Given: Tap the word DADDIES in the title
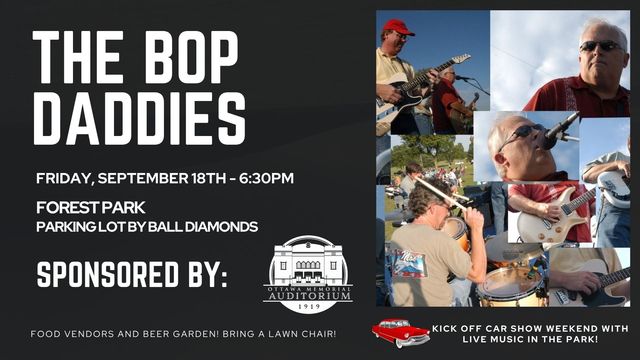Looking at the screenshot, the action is (x=140, y=118).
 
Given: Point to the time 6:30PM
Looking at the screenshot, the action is (x=266, y=178).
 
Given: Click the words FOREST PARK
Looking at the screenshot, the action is (x=91, y=208).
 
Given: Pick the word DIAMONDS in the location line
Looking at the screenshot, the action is (x=221, y=227).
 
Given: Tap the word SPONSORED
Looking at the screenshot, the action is (x=108, y=274).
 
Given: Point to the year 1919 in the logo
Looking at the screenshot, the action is (x=309, y=306).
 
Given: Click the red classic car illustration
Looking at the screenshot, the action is (x=401, y=332).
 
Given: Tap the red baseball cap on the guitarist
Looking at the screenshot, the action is (x=398, y=27).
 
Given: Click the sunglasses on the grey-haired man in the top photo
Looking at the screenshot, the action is (x=600, y=46).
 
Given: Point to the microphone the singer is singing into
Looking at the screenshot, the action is (x=560, y=131).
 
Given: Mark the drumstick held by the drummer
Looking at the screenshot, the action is (x=440, y=193).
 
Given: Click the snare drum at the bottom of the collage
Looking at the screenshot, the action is (x=512, y=287).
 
